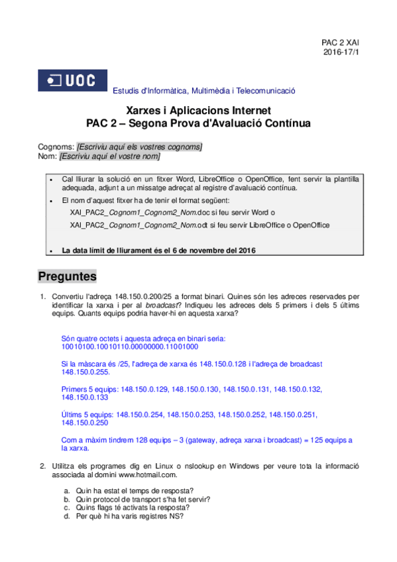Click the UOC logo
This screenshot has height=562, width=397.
(x=72, y=82)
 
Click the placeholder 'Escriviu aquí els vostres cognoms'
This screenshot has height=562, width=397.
(x=140, y=146)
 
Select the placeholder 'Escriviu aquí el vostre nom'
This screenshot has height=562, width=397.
(x=109, y=156)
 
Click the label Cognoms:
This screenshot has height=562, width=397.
(x=57, y=146)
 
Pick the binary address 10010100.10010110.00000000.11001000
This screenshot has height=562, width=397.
(x=129, y=346)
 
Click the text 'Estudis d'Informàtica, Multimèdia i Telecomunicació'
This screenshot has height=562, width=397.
(x=204, y=91)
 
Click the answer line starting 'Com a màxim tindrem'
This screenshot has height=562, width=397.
(x=206, y=440)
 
